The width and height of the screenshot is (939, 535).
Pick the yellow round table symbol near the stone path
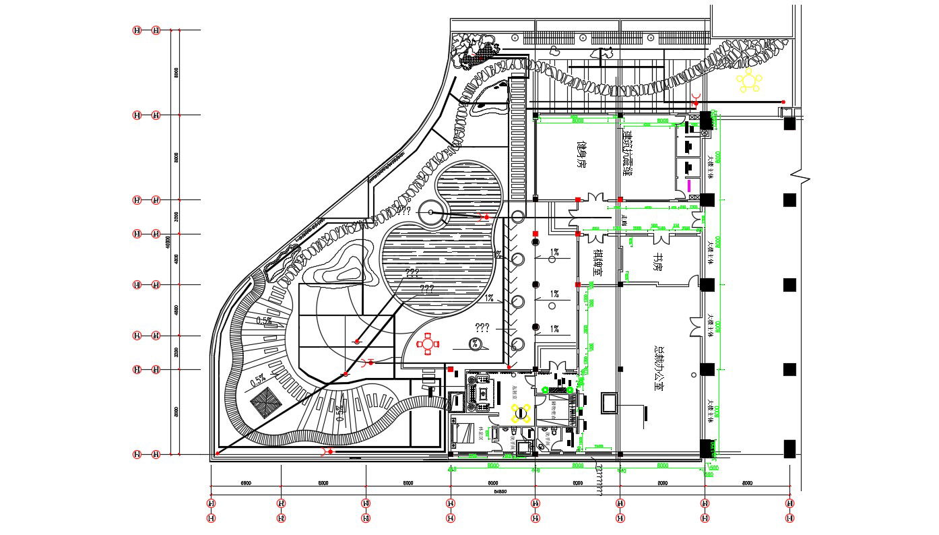click(x=748, y=80)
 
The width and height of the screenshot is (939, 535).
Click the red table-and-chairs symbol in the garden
click(x=428, y=344)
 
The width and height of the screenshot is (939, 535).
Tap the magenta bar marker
click(x=688, y=185)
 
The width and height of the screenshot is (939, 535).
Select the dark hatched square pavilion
click(x=267, y=403)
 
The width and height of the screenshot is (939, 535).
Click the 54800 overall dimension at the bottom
click(x=500, y=492)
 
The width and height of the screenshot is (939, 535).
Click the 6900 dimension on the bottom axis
click(x=246, y=483)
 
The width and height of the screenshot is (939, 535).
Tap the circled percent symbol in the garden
click(x=475, y=344)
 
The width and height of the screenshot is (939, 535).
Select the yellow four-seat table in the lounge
click(x=521, y=414)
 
